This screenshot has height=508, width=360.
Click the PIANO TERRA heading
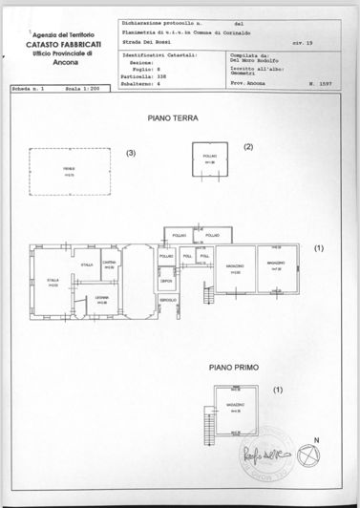171,119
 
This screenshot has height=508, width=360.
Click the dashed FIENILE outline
69,173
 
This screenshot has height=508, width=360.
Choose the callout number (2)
247,147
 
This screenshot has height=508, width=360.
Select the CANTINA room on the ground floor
110,265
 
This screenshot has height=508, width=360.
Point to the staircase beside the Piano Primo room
205,416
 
